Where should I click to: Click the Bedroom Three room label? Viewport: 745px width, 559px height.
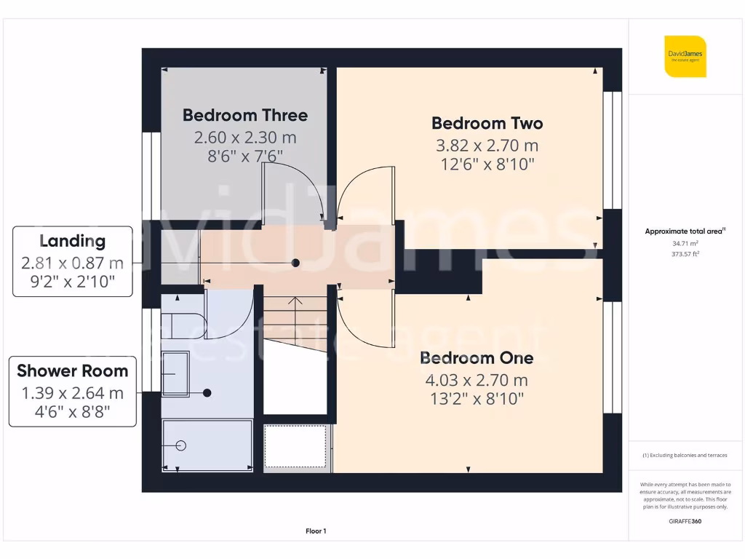tap(244, 115)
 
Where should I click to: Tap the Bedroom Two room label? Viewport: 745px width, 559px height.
tap(487, 123)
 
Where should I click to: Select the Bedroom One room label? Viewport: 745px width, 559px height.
tap(477, 358)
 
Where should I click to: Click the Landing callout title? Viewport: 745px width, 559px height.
tap(72, 241)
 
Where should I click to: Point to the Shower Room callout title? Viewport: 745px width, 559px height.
tap(72, 370)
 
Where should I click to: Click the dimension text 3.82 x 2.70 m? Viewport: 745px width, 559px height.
tap(487, 145)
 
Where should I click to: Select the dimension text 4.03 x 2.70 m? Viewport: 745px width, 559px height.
tap(477, 380)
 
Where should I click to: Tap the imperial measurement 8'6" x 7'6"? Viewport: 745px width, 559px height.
tap(244, 155)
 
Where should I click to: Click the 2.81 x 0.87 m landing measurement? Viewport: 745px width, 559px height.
tap(72, 263)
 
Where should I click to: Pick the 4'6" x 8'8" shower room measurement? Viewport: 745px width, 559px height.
tap(72, 412)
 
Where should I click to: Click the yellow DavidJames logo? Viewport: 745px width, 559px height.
tap(685, 56)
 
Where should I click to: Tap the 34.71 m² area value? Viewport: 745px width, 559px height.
tap(685, 244)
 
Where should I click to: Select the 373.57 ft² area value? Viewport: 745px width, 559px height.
tap(685, 254)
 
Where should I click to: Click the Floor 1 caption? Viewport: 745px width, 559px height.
tap(316, 531)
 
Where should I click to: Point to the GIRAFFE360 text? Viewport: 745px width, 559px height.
tap(685, 521)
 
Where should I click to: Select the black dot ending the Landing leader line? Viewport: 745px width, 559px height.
tap(295, 263)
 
